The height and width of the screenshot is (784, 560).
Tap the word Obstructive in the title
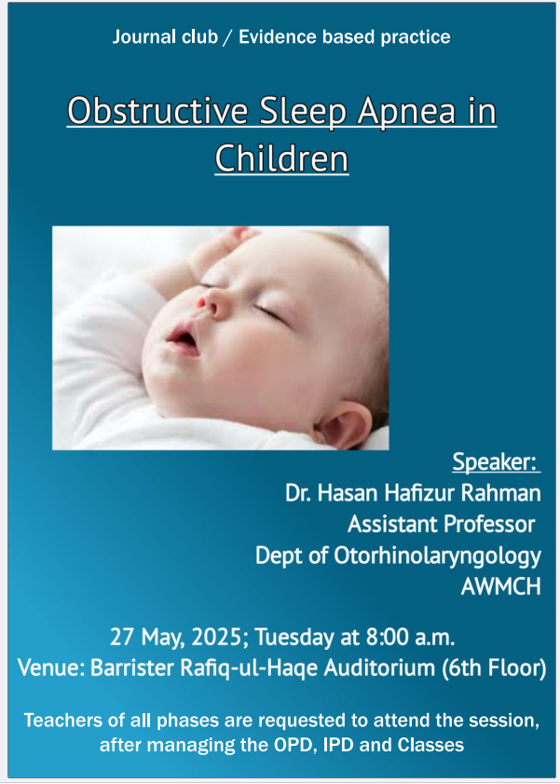(x=157, y=111)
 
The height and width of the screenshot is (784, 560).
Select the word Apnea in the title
(x=405, y=111)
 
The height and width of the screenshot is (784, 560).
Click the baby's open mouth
(x=184, y=340)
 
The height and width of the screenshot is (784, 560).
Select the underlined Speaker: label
(x=496, y=461)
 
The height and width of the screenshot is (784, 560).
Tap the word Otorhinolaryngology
(x=437, y=557)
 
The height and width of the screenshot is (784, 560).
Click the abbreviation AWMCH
(x=500, y=586)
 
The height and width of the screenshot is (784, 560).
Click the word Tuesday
(x=294, y=638)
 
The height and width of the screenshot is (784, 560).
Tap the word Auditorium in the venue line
(x=379, y=668)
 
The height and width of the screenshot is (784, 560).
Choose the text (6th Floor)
(x=494, y=668)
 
